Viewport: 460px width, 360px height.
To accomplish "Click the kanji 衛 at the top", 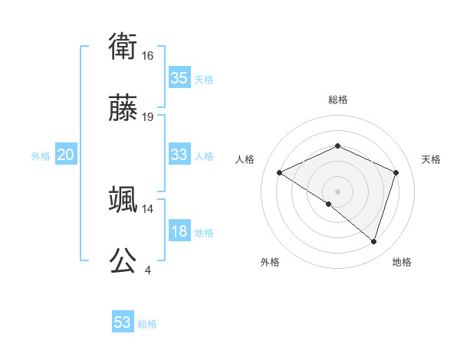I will [x=123, y=47].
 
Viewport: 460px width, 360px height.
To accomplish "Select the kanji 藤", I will [x=123, y=110].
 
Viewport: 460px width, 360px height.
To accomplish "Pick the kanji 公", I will [x=123, y=260].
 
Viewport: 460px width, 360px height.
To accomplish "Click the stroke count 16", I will [x=148, y=56].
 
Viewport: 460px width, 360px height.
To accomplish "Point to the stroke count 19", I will [x=148, y=117].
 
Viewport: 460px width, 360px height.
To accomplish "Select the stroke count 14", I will [x=148, y=208].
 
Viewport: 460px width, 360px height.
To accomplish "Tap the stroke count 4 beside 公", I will [x=147, y=270].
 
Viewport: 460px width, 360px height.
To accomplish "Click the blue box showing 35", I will [x=179, y=78].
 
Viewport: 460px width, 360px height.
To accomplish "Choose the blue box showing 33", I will [x=179, y=155].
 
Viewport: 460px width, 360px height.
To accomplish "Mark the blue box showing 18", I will [x=179, y=231].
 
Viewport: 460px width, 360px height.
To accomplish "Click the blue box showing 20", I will [x=65, y=155].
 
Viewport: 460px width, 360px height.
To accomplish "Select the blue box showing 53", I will [x=123, y=322].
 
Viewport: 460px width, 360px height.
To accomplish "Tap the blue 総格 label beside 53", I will [x=147, y=324].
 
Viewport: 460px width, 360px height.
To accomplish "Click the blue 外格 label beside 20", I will [x=41, y=156].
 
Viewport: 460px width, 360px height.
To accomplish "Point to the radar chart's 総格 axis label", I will [x=338, y=100].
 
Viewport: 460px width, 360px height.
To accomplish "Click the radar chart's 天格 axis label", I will [x=431, y=159].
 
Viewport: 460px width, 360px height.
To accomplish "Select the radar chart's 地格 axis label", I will [x=402, y=262].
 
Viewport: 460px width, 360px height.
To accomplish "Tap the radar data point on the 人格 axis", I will [x=280, y=173].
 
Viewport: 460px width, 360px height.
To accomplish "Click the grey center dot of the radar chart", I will [x=338, y=191].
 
